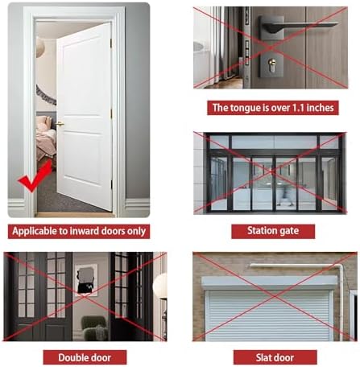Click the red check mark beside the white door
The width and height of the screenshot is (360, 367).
[34, 179]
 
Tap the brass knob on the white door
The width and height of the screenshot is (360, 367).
[60, 124]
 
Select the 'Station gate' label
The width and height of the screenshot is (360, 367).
[273, 231]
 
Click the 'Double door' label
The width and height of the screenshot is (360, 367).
[85, 357]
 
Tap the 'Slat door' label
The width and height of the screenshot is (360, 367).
[275, 357]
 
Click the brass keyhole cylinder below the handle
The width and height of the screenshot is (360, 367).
[272, 65]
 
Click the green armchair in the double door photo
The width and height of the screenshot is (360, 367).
[94, 328]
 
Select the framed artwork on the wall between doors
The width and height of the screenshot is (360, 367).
[86, 279]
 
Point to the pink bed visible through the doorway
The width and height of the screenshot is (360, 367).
[46, 138]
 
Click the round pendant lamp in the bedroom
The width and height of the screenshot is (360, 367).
[40, 47]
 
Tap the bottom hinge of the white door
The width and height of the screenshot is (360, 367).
[111, 184]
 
